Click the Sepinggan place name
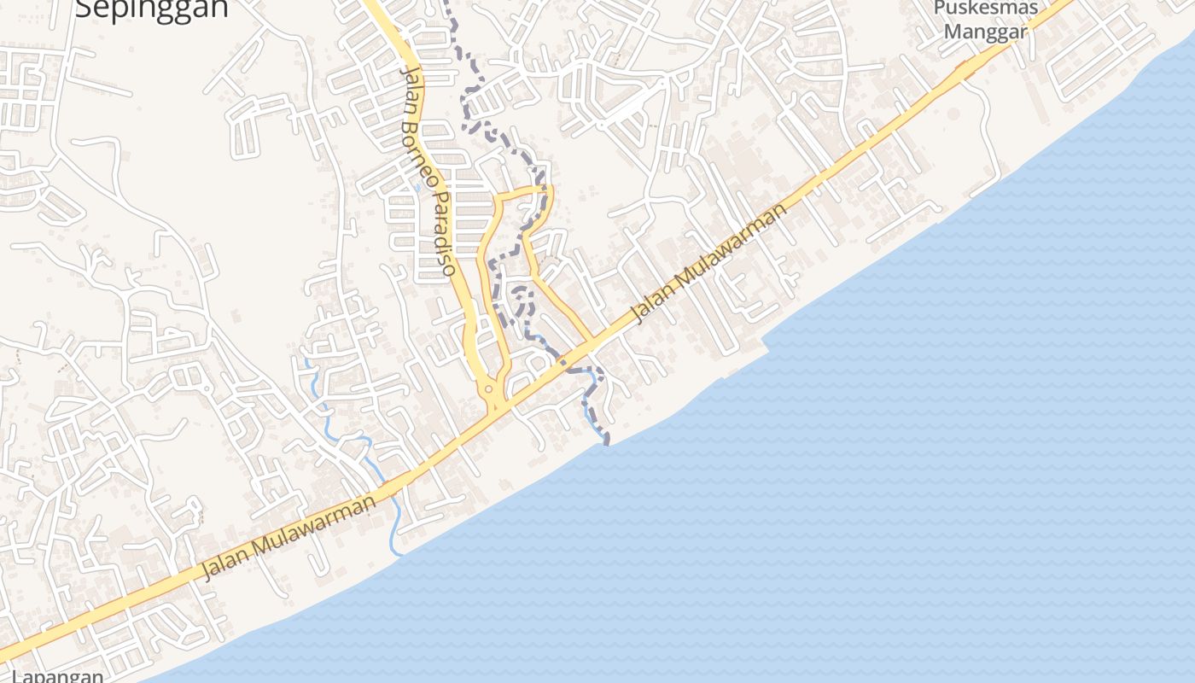coord(152,9)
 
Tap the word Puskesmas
coord(985,9)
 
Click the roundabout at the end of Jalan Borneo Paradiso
coord(489,391)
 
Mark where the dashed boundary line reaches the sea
coord(607,441)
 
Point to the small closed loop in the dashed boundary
coord(522,301)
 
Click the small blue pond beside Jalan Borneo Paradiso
coord(417,187)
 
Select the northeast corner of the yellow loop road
coord(550,187)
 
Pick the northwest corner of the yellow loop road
coord(498,199)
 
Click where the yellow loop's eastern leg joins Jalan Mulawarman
coord(591,344)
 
